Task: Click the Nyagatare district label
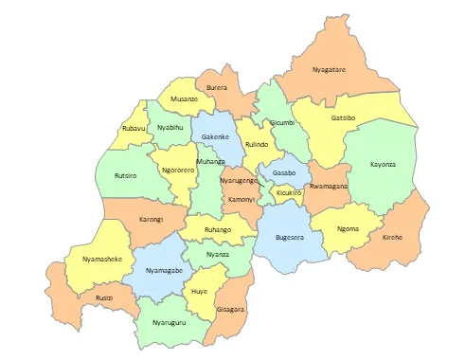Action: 330,69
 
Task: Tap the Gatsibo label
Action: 344,118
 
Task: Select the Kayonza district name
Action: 384,164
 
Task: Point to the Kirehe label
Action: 392,236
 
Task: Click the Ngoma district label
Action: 349,228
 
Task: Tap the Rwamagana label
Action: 329,187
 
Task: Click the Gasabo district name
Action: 284,173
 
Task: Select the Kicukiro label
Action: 289,192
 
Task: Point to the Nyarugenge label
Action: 239,180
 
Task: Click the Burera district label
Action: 217,88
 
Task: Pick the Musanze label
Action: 184,99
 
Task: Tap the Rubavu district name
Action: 134,128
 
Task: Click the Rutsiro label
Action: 125,175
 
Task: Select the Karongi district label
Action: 152,219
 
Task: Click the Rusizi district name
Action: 104,297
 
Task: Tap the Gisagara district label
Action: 230,309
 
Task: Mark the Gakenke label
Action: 215,137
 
